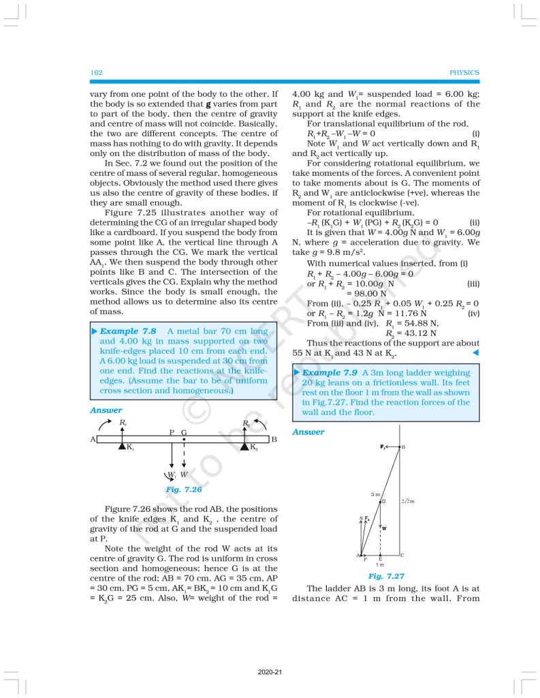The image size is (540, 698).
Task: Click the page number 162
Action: point(96,72)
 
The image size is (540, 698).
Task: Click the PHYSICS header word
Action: point(464,72)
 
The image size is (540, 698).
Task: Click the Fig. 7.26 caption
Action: point(183,489)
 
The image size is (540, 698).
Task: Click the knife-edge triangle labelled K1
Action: point(121,446)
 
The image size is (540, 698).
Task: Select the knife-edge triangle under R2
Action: point(244,446)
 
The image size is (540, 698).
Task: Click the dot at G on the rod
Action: point(184,440)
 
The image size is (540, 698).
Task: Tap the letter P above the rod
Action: point(172,432)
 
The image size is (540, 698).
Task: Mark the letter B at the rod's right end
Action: point(274,440)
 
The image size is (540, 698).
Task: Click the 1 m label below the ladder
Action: point(381,564)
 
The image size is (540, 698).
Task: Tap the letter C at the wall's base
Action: point(402,555)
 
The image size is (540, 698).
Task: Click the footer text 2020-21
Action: point(270,672)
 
